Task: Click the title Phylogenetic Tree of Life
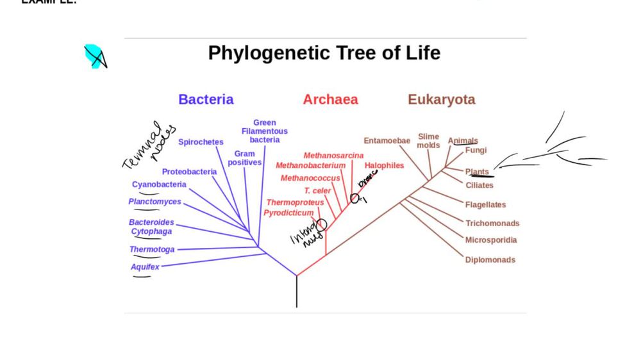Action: click(324, 53)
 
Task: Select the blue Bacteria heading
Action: click(206, 99)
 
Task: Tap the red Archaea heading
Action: click(330, 99)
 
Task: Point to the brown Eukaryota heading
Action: click(442, 99)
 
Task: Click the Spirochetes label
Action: click(201, 142)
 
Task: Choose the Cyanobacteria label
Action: click(159, 184)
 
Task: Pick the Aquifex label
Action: click(145, 266)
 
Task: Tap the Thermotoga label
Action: click(151, 249)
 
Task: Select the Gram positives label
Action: click(245, 158)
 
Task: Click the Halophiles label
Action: click(384, 165)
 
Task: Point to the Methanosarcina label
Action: click(333, 155)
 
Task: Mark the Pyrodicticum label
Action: click(288, 213)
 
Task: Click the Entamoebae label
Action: click(387, 140)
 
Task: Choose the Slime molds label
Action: click(428, 140)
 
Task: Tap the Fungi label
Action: click(476, 150)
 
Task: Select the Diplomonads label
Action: click(490, 259)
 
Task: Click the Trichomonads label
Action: click(492, 223)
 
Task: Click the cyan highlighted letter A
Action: click(96, 56)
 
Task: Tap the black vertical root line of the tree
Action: click(296, 291)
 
